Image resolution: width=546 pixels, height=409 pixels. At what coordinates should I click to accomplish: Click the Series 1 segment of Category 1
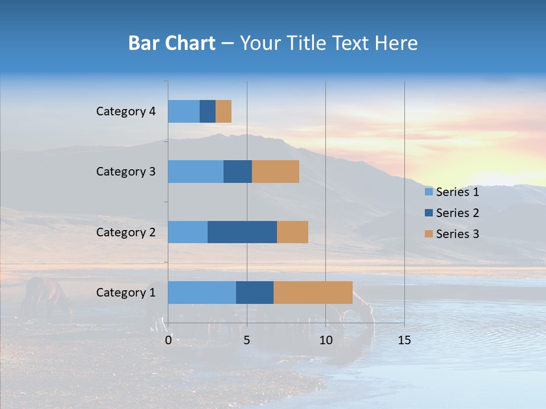pos(202,292)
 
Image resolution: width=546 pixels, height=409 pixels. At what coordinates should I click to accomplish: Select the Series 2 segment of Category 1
pos(255,292)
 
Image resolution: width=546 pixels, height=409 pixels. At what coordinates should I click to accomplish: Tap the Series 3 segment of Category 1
pos(313,292)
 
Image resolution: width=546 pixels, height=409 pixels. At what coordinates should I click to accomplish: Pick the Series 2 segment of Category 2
pos(242,232)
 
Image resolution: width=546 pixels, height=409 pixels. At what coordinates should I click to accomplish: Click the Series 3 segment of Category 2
pos(292,232)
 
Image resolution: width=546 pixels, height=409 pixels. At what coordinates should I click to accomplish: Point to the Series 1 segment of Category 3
pos(196,172)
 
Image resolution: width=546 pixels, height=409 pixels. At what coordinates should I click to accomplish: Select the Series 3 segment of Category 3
pos(275,172)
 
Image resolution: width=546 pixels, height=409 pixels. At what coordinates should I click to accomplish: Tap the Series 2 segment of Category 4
pos(208,111)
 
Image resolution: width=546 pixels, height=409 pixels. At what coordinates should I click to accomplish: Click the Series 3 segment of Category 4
pos(224,111)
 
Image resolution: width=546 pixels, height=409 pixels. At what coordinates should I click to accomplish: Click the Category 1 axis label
pos(126,293)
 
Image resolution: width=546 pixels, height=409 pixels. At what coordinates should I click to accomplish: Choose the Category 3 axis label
pos(126,172)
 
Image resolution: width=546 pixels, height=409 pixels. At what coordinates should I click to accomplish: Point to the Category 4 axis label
pos(126,111)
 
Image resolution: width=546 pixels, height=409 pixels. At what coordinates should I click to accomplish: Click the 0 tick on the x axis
pos(168,340)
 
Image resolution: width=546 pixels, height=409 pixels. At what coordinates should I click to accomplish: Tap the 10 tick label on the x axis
pos(325,340)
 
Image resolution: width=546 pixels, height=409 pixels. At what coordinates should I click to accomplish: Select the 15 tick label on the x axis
pos(404,340)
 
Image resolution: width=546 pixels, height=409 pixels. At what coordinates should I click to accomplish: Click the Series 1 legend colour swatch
pos(428,192)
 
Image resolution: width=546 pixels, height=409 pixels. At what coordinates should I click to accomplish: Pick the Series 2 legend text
pos(457,213)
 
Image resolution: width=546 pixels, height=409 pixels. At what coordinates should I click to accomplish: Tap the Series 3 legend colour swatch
pos(428,234)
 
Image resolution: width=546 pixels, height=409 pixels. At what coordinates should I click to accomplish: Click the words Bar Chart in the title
pos(172,43)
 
